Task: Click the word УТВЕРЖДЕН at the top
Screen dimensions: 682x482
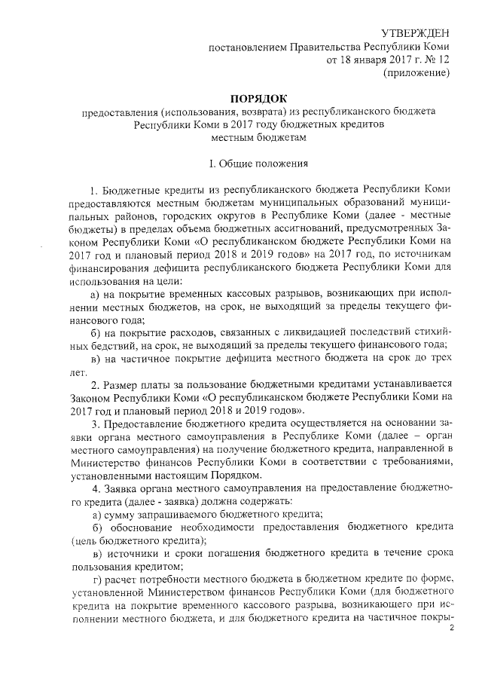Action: pyautogui.click(x=415, y=33)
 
